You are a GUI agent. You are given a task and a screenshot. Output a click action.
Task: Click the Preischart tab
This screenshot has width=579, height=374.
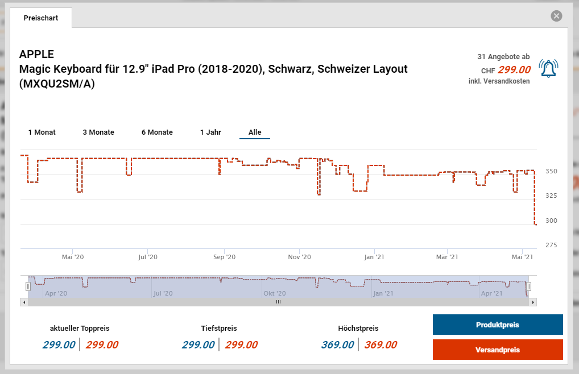[41, 18]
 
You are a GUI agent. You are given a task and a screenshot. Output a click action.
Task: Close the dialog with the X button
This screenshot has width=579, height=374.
[556, 16]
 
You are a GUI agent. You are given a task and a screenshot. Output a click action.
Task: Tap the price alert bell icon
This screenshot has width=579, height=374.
[548, 69]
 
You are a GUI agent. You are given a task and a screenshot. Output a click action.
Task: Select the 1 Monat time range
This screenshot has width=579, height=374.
[42, 132]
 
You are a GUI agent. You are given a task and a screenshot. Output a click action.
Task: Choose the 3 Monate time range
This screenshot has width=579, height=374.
[98, 132]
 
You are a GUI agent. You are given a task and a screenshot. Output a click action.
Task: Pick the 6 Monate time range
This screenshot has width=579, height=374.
[157, 132]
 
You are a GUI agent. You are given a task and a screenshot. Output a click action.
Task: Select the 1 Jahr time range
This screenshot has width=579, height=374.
[210, 132]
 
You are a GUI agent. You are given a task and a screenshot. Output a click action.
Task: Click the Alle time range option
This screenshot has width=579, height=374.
[255, 132]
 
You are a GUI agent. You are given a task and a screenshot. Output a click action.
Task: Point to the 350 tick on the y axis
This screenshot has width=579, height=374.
[551, 171]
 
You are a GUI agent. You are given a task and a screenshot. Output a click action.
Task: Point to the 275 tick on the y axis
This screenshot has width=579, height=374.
[551, 245]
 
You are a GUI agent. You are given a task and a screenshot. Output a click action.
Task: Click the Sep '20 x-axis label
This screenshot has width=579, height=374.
[224, 257]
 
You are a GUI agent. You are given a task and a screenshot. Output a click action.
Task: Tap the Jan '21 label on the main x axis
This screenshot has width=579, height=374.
[374, 257]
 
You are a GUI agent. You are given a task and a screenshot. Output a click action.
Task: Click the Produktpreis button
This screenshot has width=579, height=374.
[498, 325]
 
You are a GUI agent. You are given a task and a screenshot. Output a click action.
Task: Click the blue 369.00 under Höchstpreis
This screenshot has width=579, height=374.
[337, 345]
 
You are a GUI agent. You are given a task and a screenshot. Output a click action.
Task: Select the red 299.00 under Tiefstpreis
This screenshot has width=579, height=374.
[241, 345]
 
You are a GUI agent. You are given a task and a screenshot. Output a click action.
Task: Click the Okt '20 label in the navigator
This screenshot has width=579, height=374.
[274, 293]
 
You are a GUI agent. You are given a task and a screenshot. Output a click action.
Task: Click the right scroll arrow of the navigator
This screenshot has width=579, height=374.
[533, 302]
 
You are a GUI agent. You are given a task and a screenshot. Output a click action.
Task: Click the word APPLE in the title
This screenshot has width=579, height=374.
[36, 55]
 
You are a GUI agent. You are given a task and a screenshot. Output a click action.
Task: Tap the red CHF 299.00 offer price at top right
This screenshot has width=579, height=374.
[514, 70]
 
